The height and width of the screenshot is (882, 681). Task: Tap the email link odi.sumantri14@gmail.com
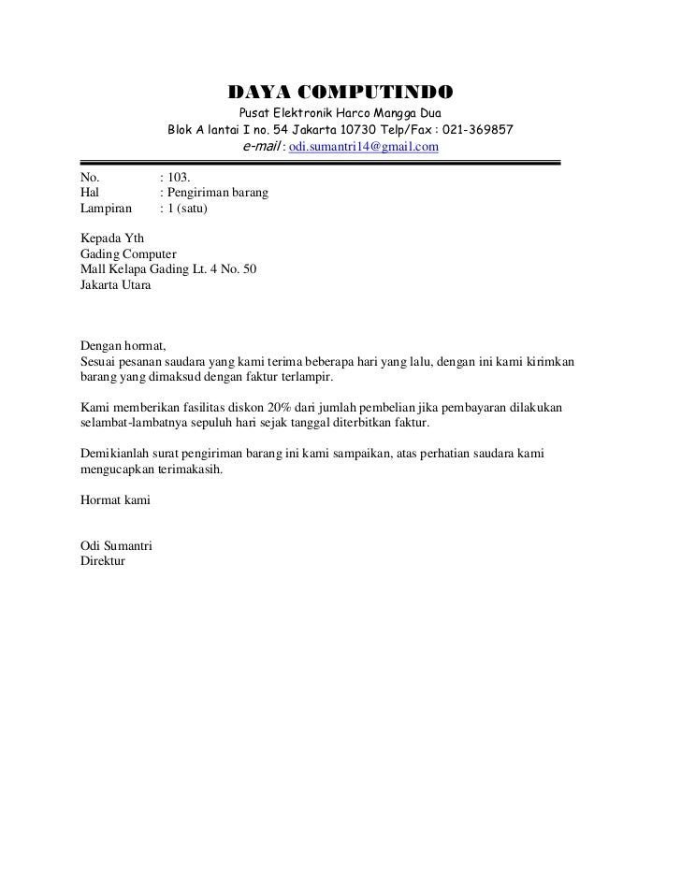[364, 148]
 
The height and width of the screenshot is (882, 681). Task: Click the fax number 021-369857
[476, 130]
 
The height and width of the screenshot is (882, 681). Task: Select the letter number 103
[178, 175]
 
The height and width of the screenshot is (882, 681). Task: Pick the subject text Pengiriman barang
[219, 192]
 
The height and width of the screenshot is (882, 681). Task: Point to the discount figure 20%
[273, 409]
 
